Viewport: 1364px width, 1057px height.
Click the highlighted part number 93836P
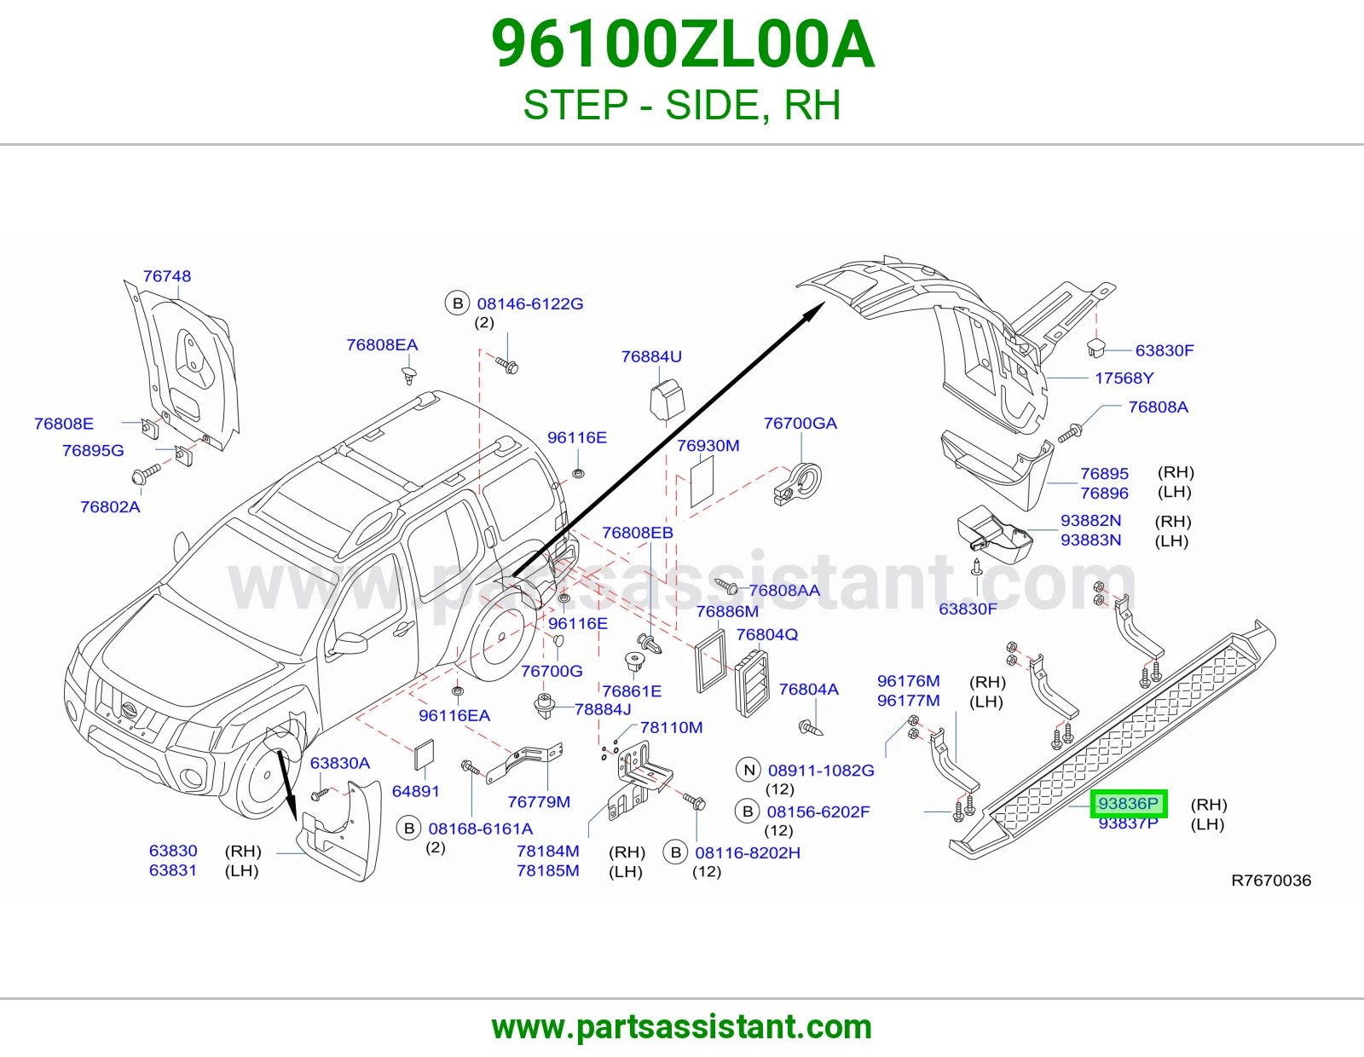point(1128,804)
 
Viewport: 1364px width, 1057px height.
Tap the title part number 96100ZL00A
point(682,45)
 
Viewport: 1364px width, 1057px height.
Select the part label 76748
point(167,276)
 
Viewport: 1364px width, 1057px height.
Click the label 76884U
point(651,356)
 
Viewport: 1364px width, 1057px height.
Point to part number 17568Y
point(1124,378)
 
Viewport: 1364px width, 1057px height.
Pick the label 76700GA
point(800,423)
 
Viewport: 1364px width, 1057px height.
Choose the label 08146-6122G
point(529,303)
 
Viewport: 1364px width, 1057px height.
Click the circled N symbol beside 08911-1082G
point(748,770)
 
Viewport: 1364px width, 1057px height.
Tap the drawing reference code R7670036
point(1271,881)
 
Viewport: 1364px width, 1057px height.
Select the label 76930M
point(708,446)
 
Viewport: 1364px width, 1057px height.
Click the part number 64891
point(415,792)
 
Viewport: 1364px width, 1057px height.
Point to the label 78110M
point(671,727)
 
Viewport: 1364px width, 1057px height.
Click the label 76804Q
point(766,634)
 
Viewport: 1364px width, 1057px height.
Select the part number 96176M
point(908,681)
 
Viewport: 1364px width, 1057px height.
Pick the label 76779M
point(539,801)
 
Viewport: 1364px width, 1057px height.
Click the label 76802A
point(110,506)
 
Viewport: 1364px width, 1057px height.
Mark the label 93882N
point(1090,520)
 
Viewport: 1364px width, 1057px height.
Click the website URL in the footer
point(682,1027)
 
